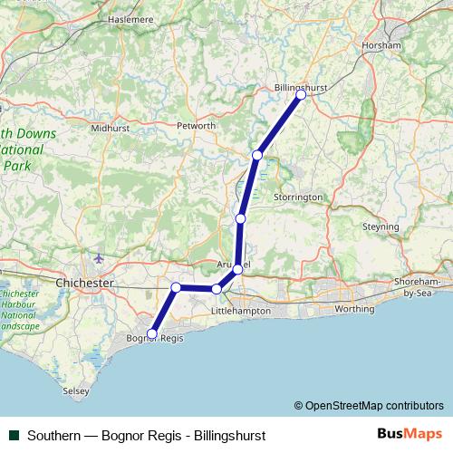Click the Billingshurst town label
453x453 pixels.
pos(300,88)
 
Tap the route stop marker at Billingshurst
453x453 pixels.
pos(301,94)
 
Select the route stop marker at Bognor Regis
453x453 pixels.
pos(152,334)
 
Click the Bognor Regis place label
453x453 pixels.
pos(155,338)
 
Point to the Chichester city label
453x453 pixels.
pos(84,283)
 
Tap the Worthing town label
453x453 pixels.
pos(353,308)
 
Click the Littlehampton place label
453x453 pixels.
pos(240,310)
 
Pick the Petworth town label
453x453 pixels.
pos(197,125)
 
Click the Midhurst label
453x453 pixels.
pos(111,129)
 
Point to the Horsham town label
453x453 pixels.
pos(381,45)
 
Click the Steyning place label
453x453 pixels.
pos(381,226)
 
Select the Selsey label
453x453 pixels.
pos(75,391)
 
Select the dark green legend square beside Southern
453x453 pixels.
pos(14,435)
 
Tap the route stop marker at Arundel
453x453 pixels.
pos(237,269)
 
